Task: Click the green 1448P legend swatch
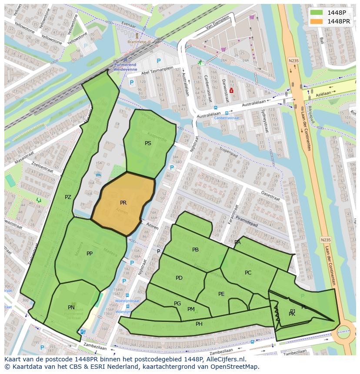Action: coord(317,13)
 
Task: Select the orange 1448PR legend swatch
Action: coord(317,21)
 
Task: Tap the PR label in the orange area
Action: coord(123,203)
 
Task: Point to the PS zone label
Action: coord(148,143)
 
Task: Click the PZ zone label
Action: coord(68,197)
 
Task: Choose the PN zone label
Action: coord(71,308)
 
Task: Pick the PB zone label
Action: coord(195,250)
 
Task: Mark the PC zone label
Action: coord(248,273)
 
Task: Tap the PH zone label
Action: coord(199,324)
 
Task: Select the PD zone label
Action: coord(179,278)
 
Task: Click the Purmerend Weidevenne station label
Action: coord(125,66)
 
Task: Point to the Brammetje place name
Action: coord(137,42)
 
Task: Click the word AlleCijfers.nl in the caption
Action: coord(225,359)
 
